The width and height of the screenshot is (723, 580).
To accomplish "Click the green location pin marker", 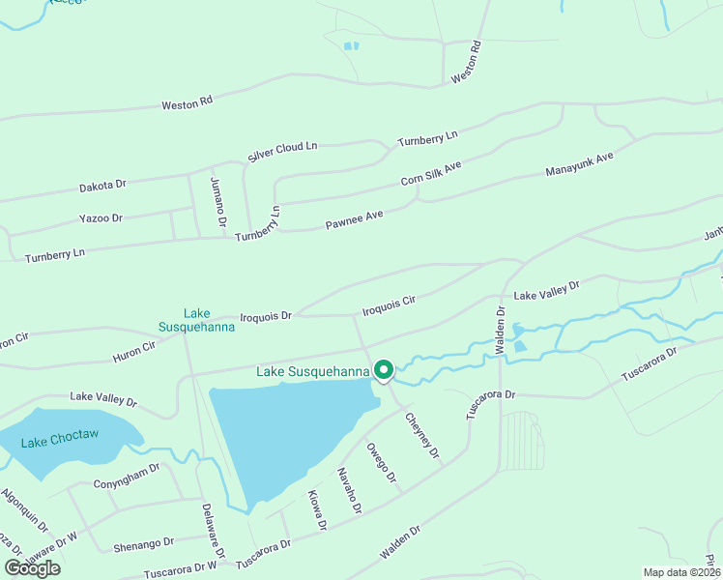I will (383, 371).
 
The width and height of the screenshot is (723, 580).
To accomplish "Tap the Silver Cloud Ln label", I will (282, 151).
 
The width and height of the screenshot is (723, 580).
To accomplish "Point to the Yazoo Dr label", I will (102, 218).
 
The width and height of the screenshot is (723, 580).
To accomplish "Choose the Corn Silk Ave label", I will (431, 175).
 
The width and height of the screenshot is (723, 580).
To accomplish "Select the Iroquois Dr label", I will (266, 316).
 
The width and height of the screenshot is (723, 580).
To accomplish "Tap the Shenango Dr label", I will (143, 543).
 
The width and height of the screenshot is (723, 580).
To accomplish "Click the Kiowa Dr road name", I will (316, 510).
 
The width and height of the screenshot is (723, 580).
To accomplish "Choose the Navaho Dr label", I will (349, 490).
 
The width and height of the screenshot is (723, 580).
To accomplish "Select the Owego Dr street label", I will (382, 462).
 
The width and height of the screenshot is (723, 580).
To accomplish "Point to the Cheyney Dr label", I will (422, 435).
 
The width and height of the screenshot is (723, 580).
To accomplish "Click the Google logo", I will (32, 568).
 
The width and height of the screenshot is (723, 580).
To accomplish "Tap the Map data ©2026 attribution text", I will (680, 572).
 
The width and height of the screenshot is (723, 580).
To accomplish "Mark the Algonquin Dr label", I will (24, 509).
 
